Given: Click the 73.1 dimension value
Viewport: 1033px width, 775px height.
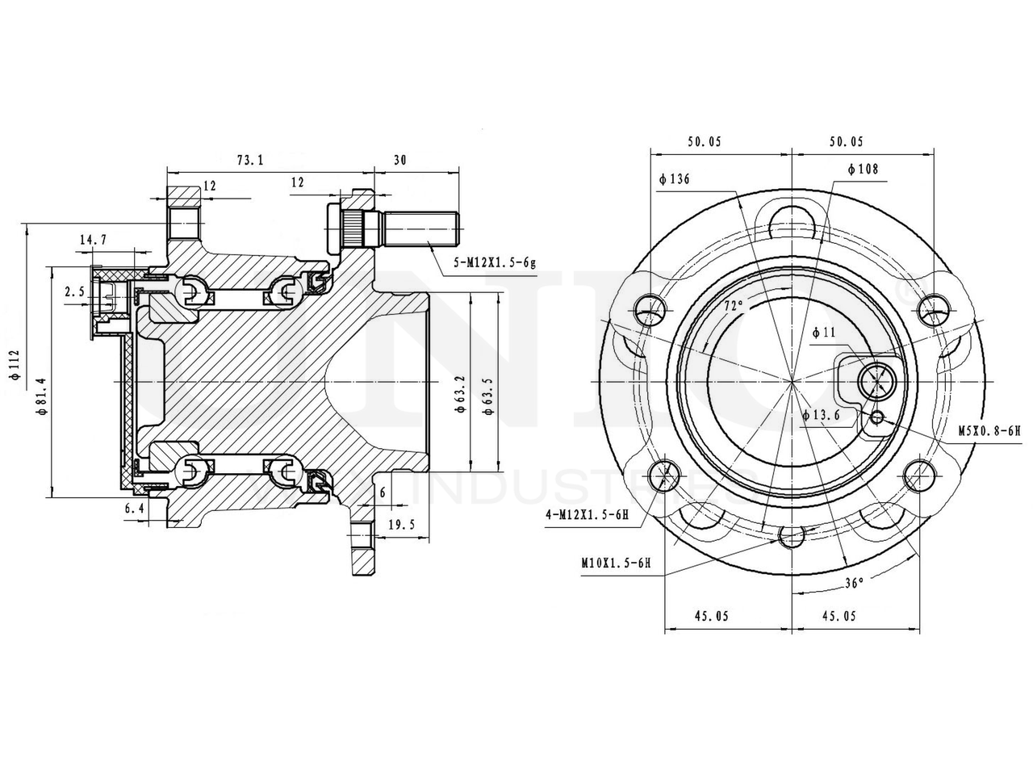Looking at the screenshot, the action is point(250,159).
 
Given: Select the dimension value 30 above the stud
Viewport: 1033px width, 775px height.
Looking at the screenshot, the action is point(399,159).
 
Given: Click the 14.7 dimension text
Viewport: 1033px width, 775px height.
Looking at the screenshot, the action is point(93,239).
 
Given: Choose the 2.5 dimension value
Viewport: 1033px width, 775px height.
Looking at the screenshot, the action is point(74,292).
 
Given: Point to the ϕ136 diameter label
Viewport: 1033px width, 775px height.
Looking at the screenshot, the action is point(674,178).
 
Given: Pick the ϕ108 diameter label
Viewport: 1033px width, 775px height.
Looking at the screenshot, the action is point(863,169).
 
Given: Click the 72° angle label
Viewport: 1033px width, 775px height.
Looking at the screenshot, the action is point(733,306).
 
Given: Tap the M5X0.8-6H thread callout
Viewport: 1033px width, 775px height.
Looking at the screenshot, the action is point(989,431).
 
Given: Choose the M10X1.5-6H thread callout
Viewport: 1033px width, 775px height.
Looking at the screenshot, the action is point(615,563).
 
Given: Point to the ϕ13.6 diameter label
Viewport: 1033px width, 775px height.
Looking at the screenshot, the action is point(822,415).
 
